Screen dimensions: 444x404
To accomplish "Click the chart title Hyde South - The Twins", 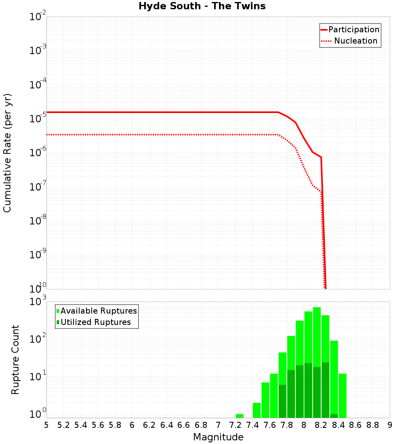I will (202, 6).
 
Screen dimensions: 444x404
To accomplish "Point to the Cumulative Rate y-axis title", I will (8, 153).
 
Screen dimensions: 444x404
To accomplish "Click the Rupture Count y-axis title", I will (15, 360).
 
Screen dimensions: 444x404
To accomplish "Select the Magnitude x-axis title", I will (218, 437).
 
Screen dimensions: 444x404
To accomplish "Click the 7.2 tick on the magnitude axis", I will (235, 425).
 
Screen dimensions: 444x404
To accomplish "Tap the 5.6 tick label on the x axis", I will (98, 425).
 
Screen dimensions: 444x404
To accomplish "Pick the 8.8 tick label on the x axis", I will (372, 425).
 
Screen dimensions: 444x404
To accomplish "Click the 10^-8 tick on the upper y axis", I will (38, 220).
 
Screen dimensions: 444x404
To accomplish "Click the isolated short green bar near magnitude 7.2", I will (240, 416).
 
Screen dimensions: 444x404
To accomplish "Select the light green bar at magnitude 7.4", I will (257, 410).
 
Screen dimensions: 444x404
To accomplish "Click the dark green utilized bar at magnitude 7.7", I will (282, 401).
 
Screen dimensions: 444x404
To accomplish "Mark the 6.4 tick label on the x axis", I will (166, 425).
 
